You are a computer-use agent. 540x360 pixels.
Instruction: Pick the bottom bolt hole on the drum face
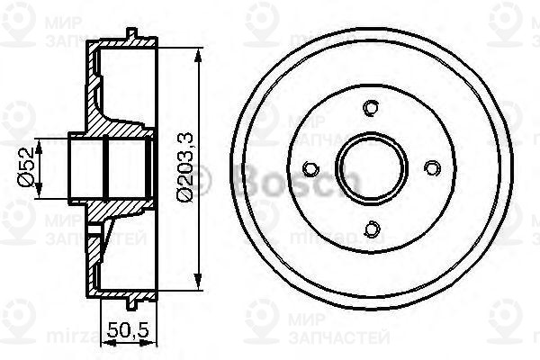pyautogui.click(x=371, y=229)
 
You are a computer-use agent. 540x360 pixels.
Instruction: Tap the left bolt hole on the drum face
pyautogui.click(x=311, y=168)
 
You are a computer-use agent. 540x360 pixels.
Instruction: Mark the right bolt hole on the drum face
pyautogui.click(x=431, y=168)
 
